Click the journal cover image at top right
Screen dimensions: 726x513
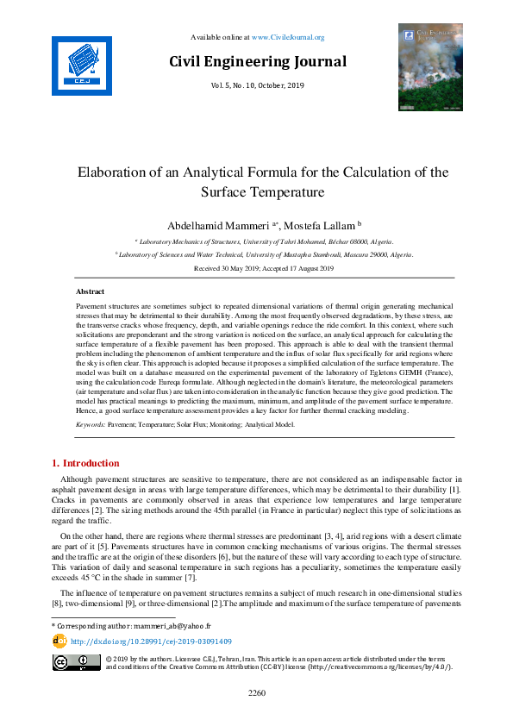(429, 67)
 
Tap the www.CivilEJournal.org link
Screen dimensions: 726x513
(288, 37)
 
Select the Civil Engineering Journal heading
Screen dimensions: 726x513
(258, 61)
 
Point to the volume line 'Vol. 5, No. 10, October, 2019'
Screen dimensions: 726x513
(257, 85)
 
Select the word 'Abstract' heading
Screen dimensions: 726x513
(91, 292)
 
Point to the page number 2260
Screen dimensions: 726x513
(257, 692)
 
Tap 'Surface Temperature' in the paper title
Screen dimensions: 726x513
(262, 191)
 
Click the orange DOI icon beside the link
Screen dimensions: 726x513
(59, 641)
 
